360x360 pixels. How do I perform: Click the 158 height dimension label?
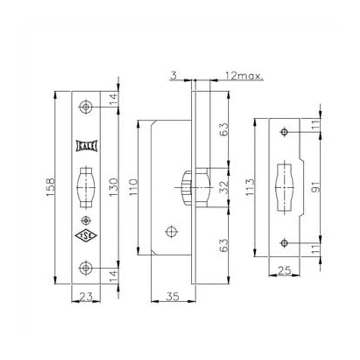[x=50, y=187]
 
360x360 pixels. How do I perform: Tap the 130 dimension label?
[x=114, y=187]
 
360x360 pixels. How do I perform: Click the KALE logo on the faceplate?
[x=86, y=146]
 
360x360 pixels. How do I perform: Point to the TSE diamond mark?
[x=86, y=236]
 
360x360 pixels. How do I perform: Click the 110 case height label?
[x=133, y=187]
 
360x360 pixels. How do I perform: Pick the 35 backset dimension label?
[x=172, y=296]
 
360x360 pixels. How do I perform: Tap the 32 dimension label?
[x=224, y=187]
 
